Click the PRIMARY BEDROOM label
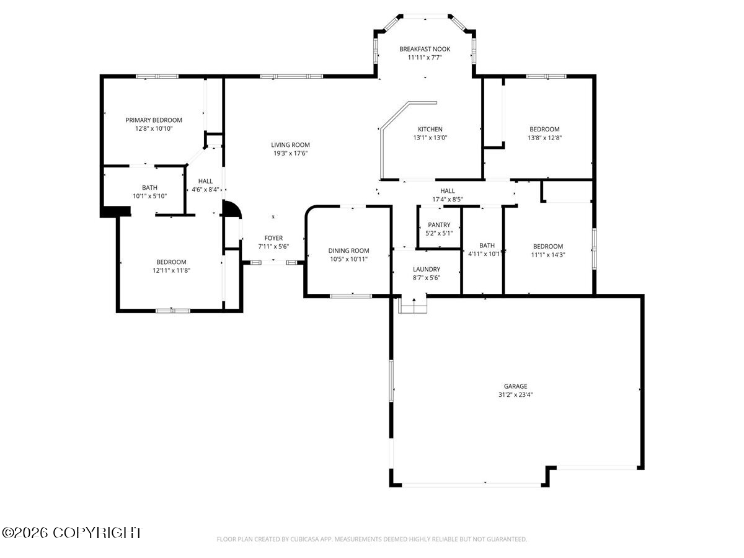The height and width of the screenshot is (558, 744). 154,120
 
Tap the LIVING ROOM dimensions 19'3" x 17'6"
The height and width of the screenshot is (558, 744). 291,153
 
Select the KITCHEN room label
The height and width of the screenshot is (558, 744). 430,129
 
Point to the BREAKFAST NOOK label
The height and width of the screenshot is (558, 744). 424,49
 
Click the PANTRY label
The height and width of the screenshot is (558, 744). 439,224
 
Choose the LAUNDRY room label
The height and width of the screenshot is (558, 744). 427,269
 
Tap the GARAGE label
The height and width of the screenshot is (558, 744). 515,386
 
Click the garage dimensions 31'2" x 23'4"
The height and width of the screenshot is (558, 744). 515,394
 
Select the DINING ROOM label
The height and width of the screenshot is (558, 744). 348,250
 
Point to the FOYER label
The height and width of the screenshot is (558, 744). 273,238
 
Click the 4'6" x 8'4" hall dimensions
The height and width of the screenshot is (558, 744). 205,189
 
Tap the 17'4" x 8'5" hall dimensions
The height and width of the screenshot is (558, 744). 448,199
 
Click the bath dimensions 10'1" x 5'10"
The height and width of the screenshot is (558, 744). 149,196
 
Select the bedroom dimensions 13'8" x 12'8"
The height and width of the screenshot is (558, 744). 544,138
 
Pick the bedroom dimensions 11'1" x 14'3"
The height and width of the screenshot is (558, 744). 547,255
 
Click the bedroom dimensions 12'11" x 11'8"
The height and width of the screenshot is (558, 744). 171,270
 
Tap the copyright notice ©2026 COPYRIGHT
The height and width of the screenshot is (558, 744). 71,533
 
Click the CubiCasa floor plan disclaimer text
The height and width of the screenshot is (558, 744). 372,539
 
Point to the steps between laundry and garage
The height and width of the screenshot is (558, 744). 412,305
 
